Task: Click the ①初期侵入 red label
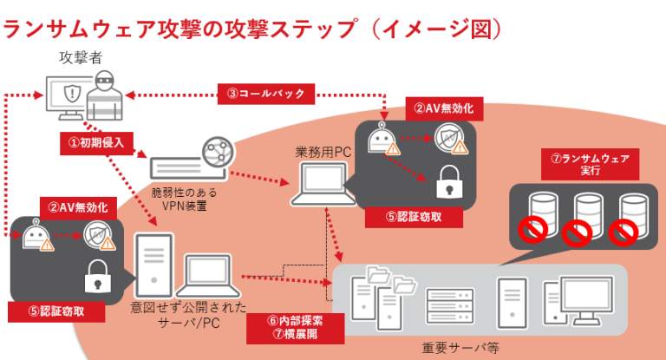(95, 139)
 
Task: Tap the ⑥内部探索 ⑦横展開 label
(296, 325)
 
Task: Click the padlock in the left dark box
(94, 279)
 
